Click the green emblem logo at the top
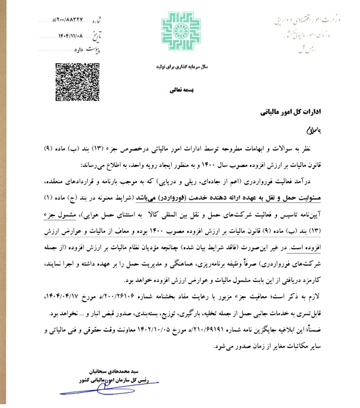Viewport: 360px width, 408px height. click(180, 32)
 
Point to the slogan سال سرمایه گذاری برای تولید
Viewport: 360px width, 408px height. click(180, 67)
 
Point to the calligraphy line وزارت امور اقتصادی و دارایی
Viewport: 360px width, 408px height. click(306, 20)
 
